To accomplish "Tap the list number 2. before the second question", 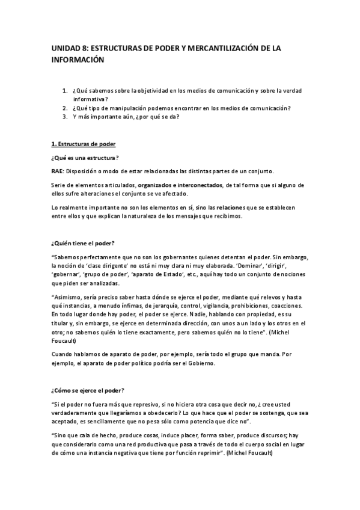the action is pos(65,108).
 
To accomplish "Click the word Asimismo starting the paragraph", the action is pos(71,296).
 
